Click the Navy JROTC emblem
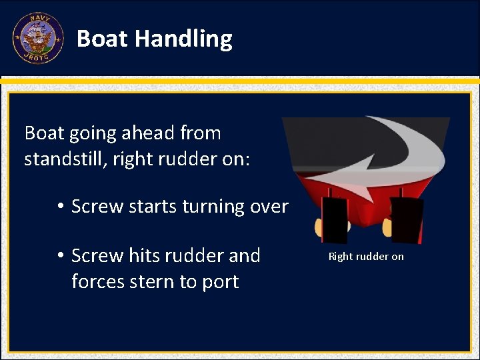[38, 39]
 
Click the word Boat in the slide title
[102, 39]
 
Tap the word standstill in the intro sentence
[63, 160]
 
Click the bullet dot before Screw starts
[60, 207]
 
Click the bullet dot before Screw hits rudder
[60, 256]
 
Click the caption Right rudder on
[366, 257]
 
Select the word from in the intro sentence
[201, 133]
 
